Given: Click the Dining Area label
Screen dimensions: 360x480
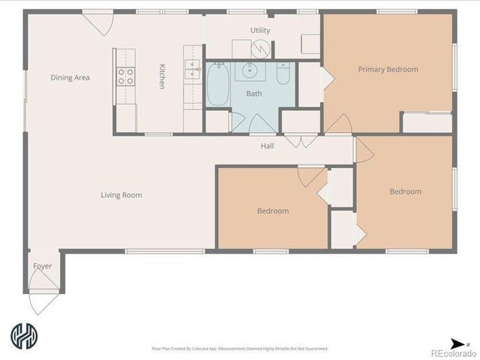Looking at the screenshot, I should pyautogui.click(x=70, y=77).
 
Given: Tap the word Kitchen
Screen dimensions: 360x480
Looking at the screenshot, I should pyautogui.click(x=161, y=77).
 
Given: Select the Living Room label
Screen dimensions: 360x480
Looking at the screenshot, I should pyautogui.click(x=121, y=196).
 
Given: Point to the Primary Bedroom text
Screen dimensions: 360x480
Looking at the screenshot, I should pyautogui.click(x=388, y=70).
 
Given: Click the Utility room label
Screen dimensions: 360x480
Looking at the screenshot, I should pyautogui.click(x=260, y=30).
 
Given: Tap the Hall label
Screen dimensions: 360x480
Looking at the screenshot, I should pyautogui.click(x=267, y=145).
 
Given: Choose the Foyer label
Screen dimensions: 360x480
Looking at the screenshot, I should pyautogui.click(x=43, y=266).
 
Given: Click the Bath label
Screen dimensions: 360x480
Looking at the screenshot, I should pyautogui.click(x=255, y=94).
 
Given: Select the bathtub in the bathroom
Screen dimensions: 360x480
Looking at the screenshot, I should pyautogui.click(x=217, y=85).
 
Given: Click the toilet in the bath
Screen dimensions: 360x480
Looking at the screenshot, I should pyautogui.click(x=283, y=75).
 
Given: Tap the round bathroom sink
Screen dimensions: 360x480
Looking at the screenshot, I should pyautogui.click(x=249, y=71).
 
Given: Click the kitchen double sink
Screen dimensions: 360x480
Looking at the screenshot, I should pyautogui.click(x=193, y=70).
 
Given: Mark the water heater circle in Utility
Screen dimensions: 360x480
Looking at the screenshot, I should pyautogui.click(x=261, y=48).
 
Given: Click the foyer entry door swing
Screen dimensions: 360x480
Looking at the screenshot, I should pyautogui.click(x=43, y=301).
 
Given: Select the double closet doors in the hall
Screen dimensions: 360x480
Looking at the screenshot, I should pyautogui.click(x=300, y=140).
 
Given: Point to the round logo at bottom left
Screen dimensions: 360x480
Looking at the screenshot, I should pyautogui.click(x=25, y=337).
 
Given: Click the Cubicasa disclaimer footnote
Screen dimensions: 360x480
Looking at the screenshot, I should pyautogui.click(x=240, y=348).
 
